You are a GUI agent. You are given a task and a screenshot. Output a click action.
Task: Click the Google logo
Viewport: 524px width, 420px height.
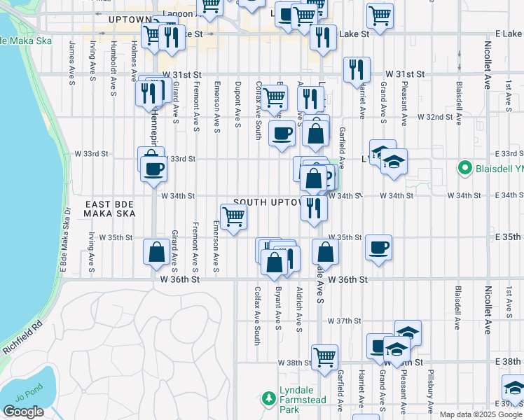[x=23, y=412]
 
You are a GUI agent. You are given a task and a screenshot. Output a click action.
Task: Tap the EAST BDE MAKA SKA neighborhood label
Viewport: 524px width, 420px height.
[x=109, y=208]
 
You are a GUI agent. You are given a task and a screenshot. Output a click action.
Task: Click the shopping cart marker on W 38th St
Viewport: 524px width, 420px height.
[x=325, y=357]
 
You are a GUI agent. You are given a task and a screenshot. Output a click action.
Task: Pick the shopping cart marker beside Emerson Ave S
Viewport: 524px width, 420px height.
[x=233, y=217]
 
